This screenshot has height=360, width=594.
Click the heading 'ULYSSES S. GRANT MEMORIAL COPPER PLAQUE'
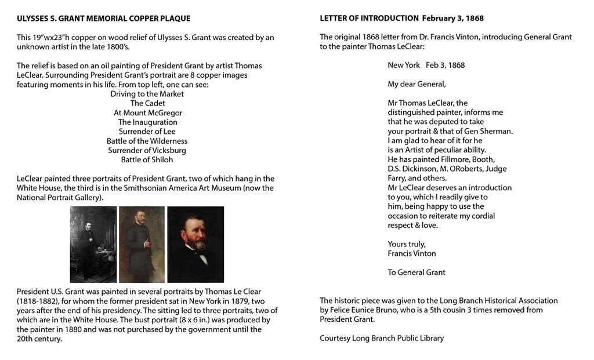pos(103,19)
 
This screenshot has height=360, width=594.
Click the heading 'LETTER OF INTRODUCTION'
pos(369,19)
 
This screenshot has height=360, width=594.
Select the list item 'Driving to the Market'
pos(147,94)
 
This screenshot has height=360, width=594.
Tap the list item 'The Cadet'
pos(147,103)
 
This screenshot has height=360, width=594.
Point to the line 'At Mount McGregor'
pos(148,113)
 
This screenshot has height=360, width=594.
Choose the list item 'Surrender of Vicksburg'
pos(147,150)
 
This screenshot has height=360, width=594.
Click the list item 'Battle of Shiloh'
pos(147,159)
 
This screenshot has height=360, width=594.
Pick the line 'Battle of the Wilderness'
pos(147,141)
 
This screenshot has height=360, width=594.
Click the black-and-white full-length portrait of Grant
pos(93,244)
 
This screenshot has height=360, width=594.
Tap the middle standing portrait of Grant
pos(142,244)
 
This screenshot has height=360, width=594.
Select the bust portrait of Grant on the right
pos(195,244)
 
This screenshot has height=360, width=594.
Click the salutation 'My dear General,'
pos(416,84)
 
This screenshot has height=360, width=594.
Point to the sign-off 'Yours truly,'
pos(407,244)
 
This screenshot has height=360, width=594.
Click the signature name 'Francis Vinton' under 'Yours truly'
pos(412,253)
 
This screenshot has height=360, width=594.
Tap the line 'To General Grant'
pos(416,272)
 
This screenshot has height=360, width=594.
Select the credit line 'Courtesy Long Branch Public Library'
pos(382,339)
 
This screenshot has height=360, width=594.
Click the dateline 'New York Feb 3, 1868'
pos(426,65)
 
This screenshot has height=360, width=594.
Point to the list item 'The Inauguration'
pos(148,122)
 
